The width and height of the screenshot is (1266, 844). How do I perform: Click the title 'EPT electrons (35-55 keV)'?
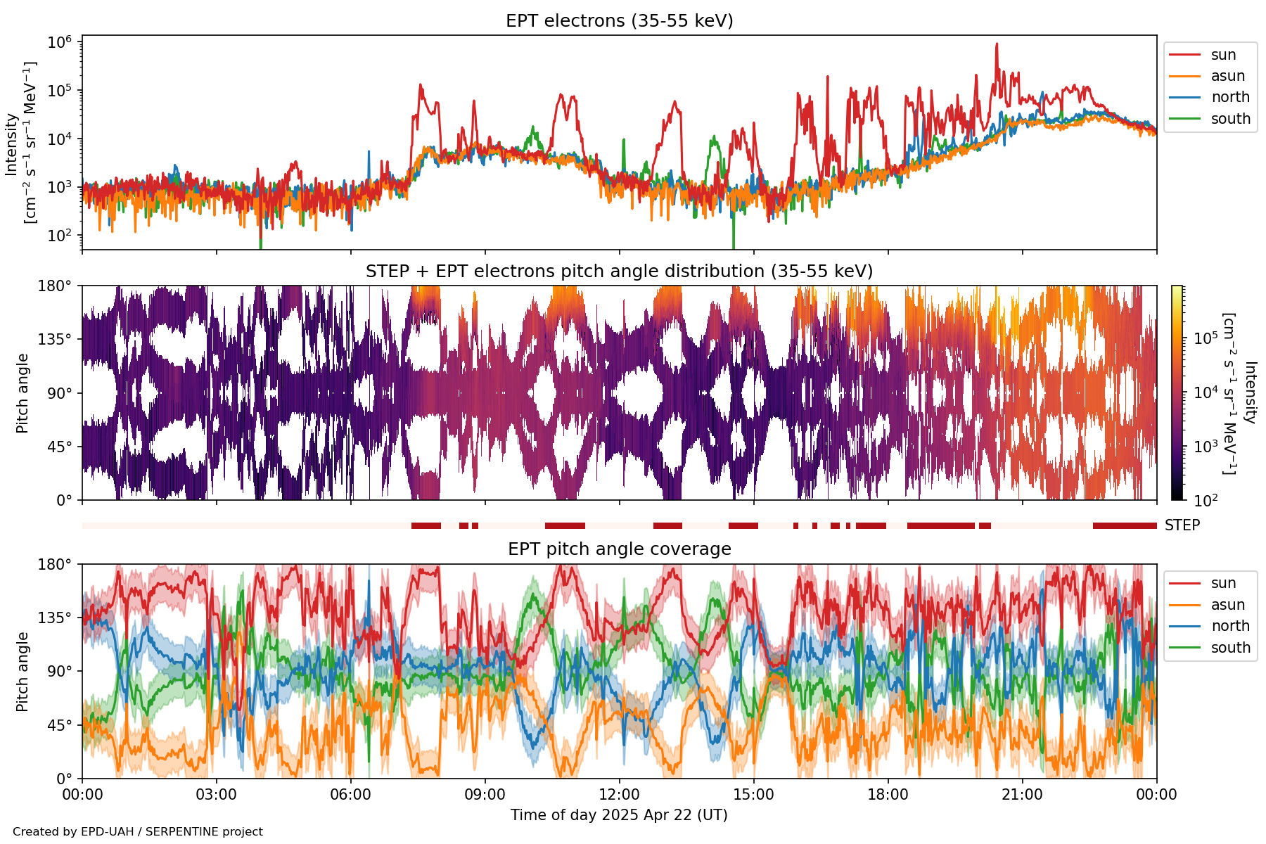pos(619,21)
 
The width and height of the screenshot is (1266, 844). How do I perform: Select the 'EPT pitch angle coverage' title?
pos(619,549)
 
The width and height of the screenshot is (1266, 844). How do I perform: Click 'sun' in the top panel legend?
pos(1223,55)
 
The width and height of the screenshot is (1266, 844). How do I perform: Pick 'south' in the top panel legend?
pos(1230,119)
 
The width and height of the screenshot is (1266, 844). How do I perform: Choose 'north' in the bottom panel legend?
pos(1230,626)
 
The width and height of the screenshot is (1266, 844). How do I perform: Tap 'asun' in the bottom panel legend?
pos(1227,605)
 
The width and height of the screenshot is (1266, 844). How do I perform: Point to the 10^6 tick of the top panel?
pos(60,42)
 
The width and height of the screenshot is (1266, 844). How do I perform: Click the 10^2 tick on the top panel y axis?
pos(60,235)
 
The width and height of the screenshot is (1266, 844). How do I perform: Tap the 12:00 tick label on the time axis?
pos(619,795)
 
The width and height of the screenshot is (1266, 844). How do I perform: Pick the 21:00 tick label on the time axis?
pos(1022,795)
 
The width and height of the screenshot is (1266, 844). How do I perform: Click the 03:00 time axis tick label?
pos(217,795)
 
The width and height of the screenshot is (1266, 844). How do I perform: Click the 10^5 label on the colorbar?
pos(1206,338)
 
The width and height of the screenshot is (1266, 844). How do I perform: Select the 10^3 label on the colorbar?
pos(1206,447)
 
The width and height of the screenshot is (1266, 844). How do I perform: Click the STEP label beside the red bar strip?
pos(1182,525)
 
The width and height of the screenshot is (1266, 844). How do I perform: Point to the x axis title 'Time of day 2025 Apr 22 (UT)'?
pos(619,815)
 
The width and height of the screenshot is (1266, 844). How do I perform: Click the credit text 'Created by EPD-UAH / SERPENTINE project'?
pos(138,832)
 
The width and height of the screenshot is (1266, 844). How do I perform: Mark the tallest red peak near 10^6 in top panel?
pos(997,44)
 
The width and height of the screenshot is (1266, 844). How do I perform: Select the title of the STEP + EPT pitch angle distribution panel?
pos(619,271)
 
